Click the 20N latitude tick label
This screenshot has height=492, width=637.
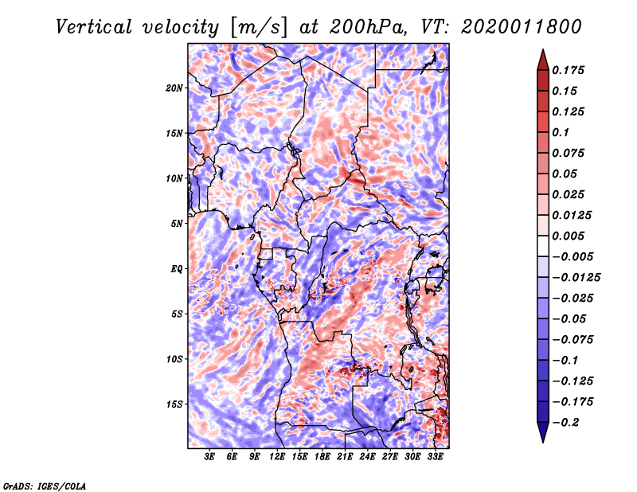click(174, 88)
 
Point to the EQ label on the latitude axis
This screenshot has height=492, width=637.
click(176, 269)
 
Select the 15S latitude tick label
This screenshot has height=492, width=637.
click(174, 404)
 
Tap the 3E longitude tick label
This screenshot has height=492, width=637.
click(209, 457)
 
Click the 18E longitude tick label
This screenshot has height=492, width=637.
click(322, 457)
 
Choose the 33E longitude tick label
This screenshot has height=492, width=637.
click(435, 457)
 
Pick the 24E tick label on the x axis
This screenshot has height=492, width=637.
click(367, 457)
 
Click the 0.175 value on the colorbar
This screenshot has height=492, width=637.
click(568, 70)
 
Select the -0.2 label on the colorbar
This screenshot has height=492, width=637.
click(565, 423)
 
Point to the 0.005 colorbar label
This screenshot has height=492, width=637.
click(568, 236)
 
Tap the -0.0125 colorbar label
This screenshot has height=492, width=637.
click(576, 278)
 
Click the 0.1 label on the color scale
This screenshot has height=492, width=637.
click(561, 132)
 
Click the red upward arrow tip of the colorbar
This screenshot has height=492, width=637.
click(543, 50)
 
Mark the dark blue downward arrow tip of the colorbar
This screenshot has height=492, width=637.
click(543, 441)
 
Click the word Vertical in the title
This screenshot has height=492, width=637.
click(94, 27)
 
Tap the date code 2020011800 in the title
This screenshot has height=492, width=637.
click(522, 27)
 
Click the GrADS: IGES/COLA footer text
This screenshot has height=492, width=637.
click(45, 486)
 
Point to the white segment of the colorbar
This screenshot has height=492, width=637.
click(543, 246)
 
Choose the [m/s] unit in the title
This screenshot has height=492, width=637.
click(259, 28)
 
